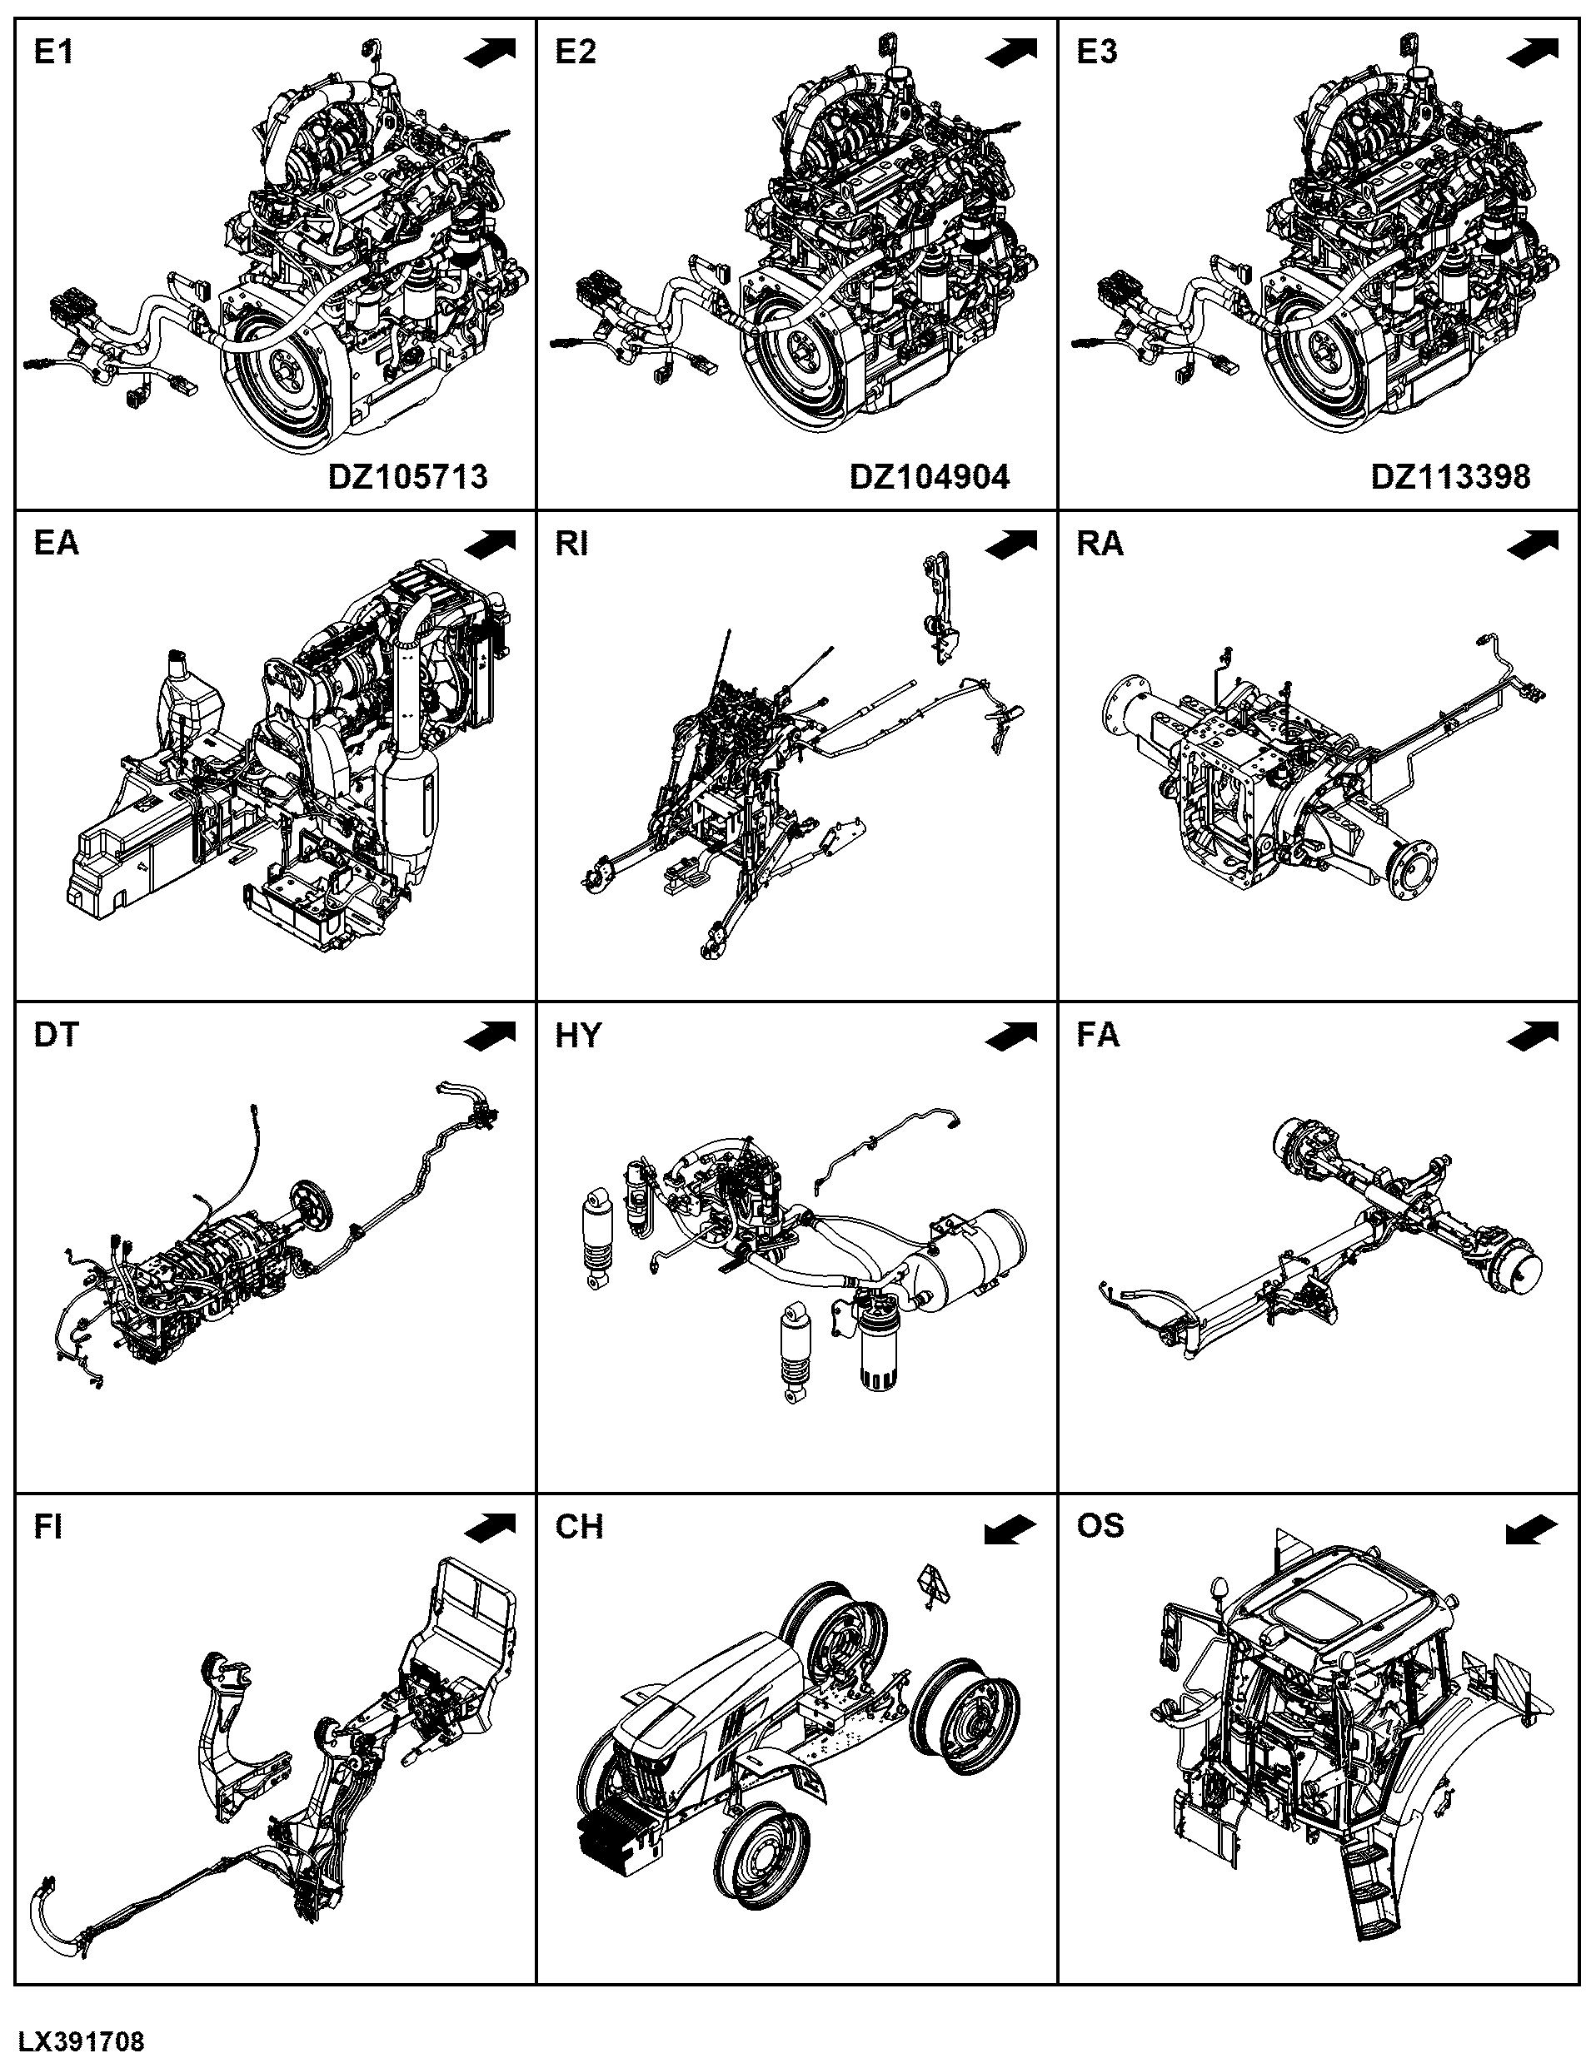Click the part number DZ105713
pyautogui.click(x=408, y=475)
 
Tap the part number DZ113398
pyautogui.click(x=1450, y=475)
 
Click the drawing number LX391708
pyautogui.click(x=82, y=2041)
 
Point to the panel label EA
pyautogui.click(x=57, y=544)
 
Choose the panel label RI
pyautogui.click(x=571, y=544)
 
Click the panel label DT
pyautogui.click(x=56, y=1035)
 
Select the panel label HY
pyautogui.click(x=578, y=1035)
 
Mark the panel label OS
pyautogui.click(x=1100, y=1525)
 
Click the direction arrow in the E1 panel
pyautogui.click(x=491, y=52)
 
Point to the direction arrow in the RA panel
pyautogui.click(x=1533, y=544)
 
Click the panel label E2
pyautogui.click(x=576, y=52)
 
